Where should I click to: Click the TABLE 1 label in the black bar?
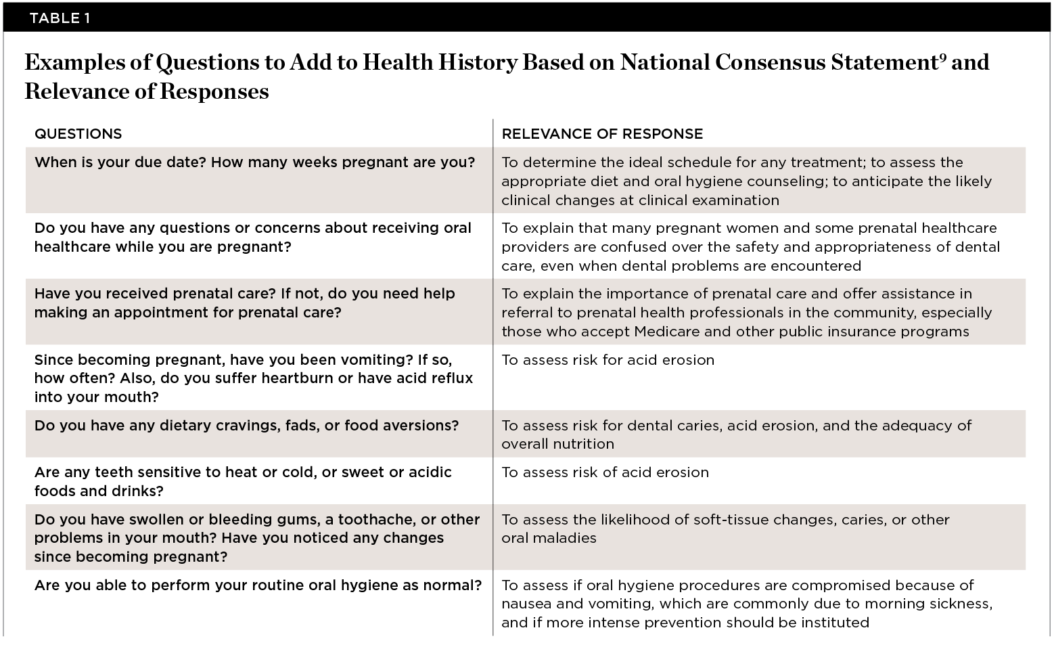[60, 18]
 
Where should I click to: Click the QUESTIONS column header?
[78, 134]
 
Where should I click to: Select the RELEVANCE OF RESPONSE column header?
[602, 134]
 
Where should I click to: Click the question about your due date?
[254, 162]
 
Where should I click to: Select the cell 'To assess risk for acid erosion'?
[608, 360]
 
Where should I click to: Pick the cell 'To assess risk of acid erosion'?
[605, 472]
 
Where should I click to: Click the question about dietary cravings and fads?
[246, 426]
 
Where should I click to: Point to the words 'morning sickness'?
[930, 604]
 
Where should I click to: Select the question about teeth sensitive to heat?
[243, 481]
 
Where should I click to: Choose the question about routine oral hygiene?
[258, 585]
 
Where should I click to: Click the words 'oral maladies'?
[549, 538]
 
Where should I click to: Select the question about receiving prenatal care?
[244, 303]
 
